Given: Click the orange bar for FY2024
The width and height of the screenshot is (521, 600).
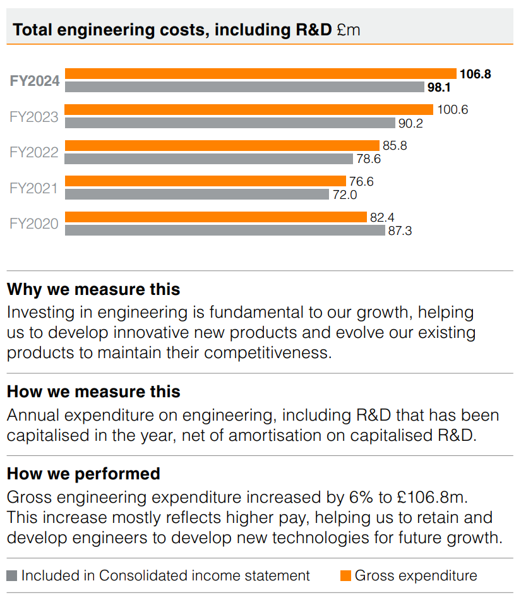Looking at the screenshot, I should (260, 74).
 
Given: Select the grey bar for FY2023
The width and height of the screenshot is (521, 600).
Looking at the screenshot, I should (230, 123).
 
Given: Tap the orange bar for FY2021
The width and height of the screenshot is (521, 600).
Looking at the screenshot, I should (205, 181).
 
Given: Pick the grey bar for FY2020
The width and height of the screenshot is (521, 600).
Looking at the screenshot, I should (225, 231).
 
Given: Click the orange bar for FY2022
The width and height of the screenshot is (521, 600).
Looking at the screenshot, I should (222, 145).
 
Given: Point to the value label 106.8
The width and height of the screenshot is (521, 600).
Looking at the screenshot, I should (476, 74).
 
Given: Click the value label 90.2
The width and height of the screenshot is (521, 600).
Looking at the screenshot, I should (410, 123).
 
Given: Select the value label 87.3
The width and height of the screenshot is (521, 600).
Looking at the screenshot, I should (400, 231).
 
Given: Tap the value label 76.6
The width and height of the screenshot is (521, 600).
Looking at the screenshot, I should (361, 181).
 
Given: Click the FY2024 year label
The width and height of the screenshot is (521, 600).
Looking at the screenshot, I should (35, 81).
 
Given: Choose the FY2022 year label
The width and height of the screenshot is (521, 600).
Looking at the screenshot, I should (34, 152).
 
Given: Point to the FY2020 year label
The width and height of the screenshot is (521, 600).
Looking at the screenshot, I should (34, 224).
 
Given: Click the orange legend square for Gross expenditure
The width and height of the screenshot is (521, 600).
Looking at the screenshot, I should (345, 576).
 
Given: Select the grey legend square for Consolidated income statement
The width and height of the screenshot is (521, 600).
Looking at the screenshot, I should (12, 576).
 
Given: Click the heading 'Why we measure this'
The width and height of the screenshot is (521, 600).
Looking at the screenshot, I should (93, 289).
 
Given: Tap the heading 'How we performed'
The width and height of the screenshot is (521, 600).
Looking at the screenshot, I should (83, 473).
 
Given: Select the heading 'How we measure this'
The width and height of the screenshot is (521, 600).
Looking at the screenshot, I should (93, 392).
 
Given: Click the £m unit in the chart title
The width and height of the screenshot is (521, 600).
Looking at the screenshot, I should (348, 30).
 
